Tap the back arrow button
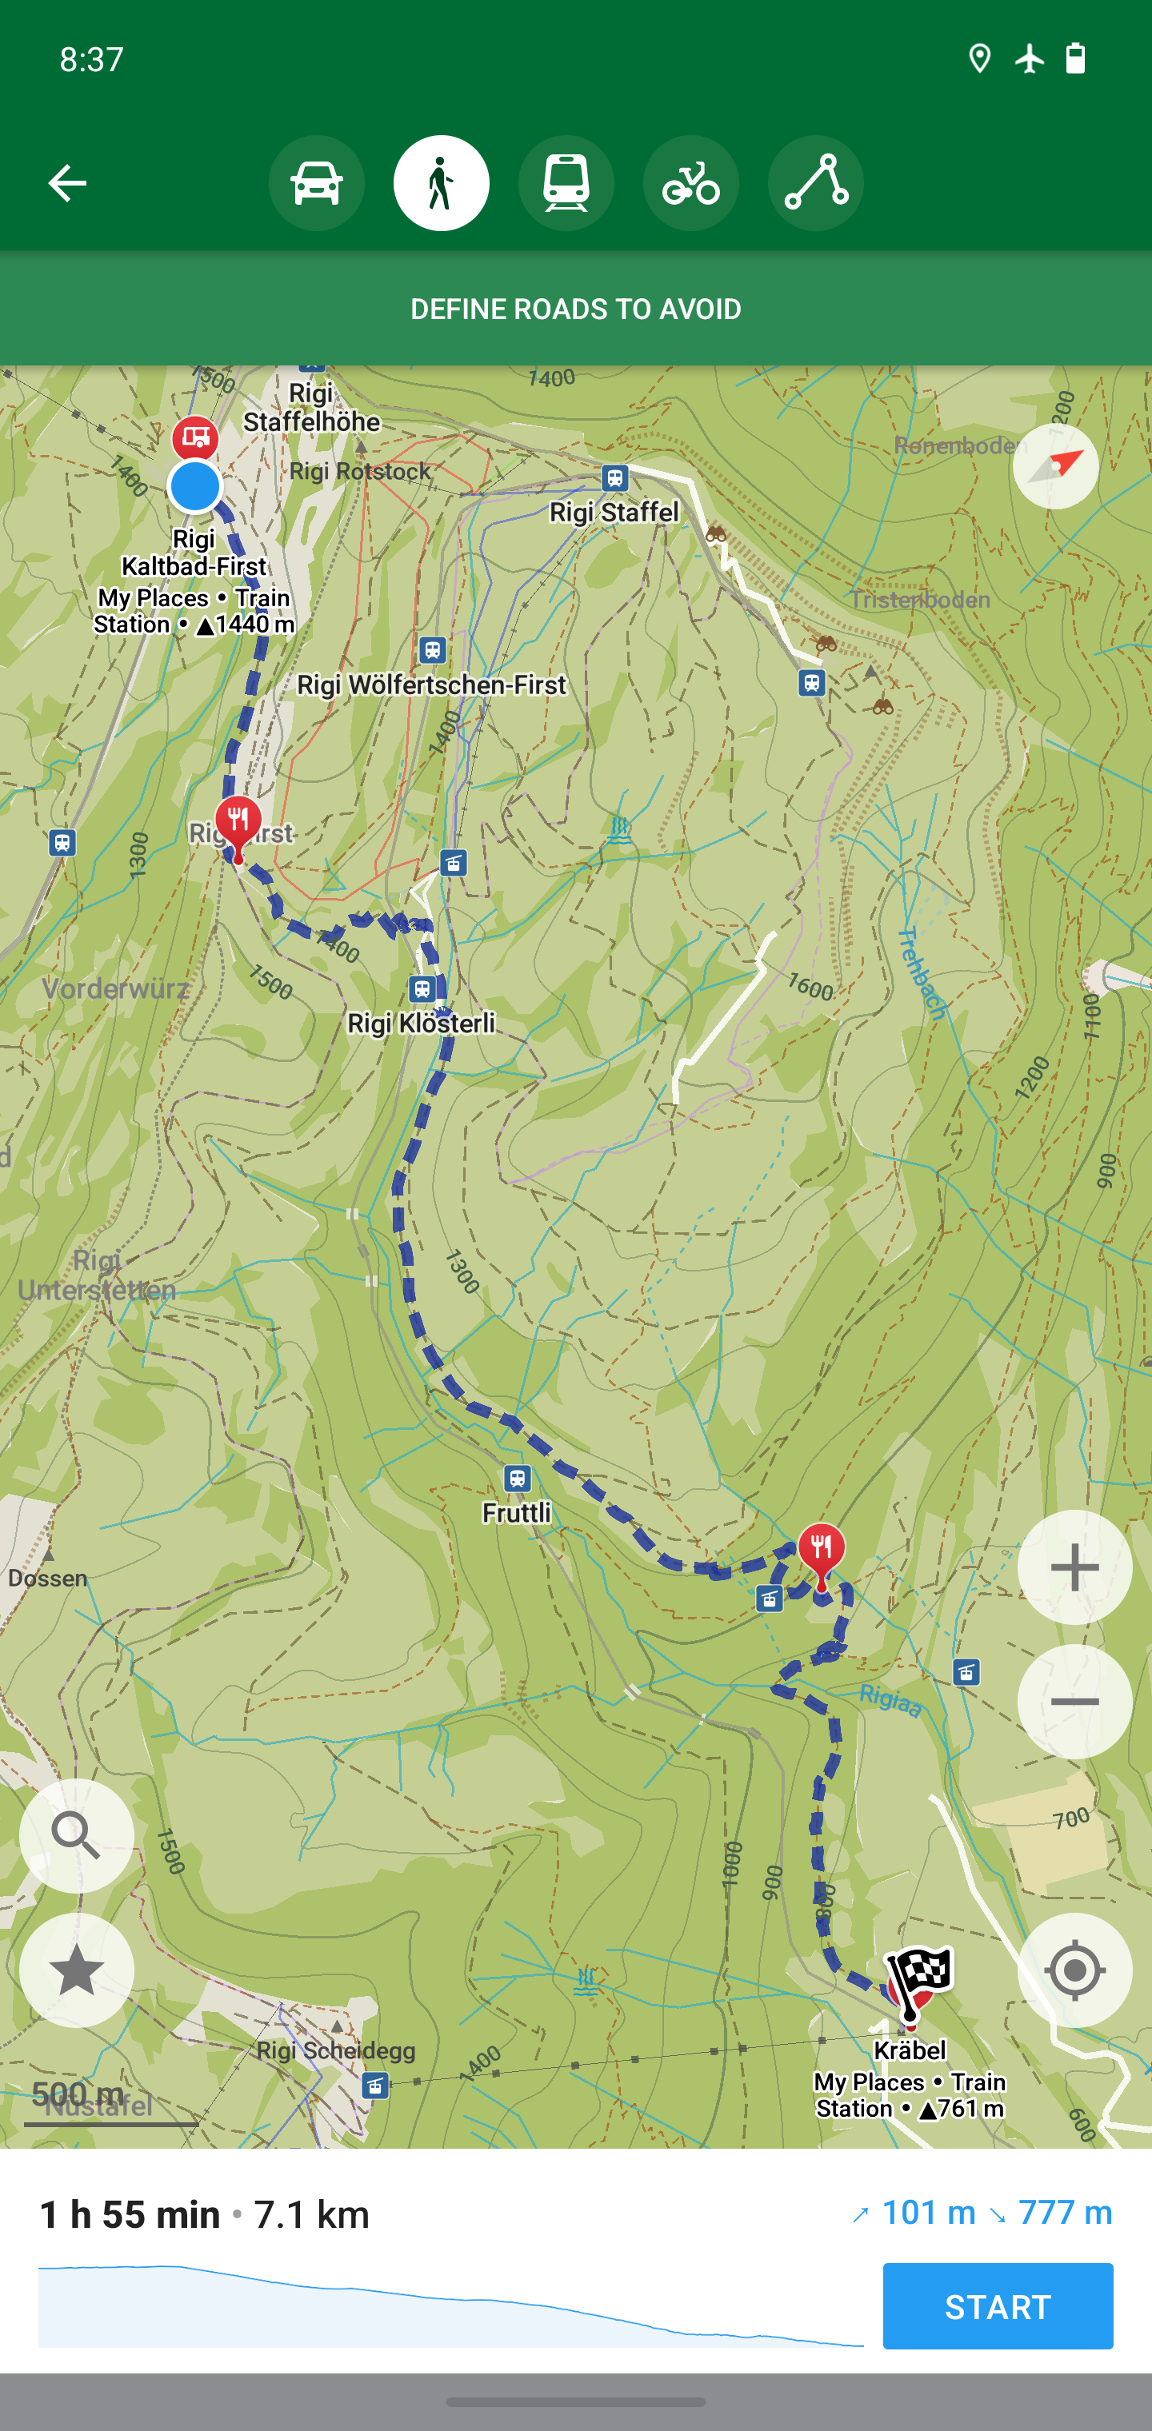click(67, 183)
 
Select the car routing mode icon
click(316, 183)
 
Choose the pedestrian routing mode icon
click(441, 183)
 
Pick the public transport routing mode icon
click(566, 183)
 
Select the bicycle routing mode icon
click(690, 183)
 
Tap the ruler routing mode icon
click(815, 183)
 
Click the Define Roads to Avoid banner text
click(576, 309)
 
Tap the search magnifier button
click(77, 1835)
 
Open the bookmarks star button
click(77, 1970)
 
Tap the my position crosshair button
click(1074, 1970)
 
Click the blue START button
click(997, 2305)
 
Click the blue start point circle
click(194, 486)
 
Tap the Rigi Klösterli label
click(421, 1023)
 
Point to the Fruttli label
click(517, 1512)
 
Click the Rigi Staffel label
click(614, 512)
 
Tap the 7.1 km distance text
click(312, 2214)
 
